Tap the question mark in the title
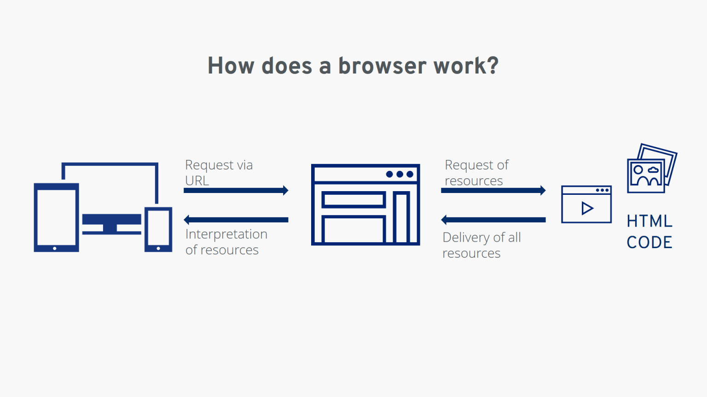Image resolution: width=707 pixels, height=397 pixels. [x=493, y=66]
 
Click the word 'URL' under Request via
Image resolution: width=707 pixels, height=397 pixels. [x=197, y=181]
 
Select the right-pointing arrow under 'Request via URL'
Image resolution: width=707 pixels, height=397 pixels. [x=236, y=190]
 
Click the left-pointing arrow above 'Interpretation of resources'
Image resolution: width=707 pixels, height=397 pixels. [x=236, y=220]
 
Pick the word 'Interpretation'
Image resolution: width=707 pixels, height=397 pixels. [x=226, y=234]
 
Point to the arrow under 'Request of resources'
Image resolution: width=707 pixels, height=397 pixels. [x=493, y=190]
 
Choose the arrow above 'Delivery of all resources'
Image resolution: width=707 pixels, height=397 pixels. [x=493, y=220]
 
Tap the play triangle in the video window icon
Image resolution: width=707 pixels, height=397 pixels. [x=587, y=208]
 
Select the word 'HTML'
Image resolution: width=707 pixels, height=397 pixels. [x=649, y=221]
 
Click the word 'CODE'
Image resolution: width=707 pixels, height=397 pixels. [x=649, y=242]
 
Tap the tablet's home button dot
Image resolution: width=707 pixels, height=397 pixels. [x=55, y=248]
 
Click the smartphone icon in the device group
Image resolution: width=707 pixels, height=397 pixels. [x=158, y=229]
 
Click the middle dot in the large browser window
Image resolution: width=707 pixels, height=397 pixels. [x=400, y=174]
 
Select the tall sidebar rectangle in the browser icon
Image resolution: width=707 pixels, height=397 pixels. [x=401, y=217]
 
